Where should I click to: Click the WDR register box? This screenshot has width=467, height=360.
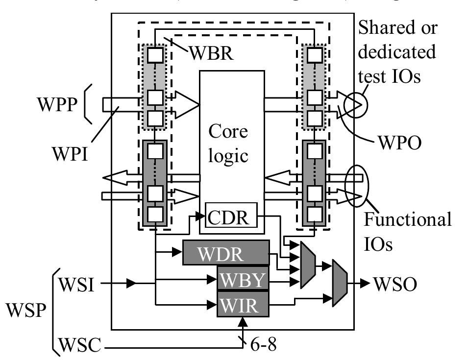pos(226,253)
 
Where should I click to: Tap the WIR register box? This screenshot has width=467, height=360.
pos(244,305)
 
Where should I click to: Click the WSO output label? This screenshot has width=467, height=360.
pos(393,283)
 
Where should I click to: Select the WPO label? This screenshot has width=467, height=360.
pos(401,145)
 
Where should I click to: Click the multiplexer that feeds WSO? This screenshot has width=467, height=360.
pos(339,284)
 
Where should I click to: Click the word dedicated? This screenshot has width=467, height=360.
pos(397,51)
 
